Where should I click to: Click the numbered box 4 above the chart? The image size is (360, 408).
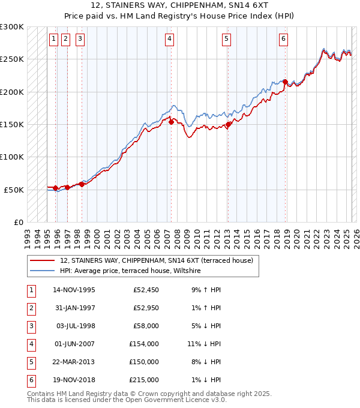(170, 40)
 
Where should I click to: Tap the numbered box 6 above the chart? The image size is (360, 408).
(283, 40)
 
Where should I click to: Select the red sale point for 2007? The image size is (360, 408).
(171, 122)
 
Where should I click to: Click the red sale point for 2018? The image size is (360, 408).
(285, 82)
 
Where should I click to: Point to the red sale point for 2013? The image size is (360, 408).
(228, 125)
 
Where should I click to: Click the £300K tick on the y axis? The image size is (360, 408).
(12, 27)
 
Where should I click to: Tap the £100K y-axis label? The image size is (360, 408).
(12, 157)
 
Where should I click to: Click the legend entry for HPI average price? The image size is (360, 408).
(130, 271)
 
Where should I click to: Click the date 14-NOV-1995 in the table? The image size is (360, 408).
(74, 290)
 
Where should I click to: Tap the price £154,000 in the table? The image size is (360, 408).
(144, 344)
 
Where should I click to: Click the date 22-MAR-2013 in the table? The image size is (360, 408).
(74, 362)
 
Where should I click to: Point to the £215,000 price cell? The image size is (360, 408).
(144, 380)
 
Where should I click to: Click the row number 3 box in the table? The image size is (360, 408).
(30, 326)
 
